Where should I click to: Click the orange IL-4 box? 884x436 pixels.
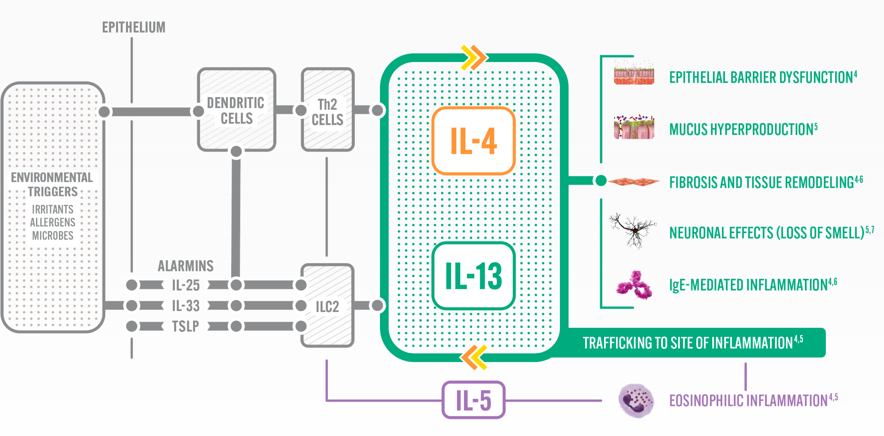click(473, 141)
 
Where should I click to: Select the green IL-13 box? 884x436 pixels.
click(473, 276)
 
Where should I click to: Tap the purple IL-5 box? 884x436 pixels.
click(473, 400)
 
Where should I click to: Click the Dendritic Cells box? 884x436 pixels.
click(237, 110)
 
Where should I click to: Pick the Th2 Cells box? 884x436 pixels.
click(328, 110)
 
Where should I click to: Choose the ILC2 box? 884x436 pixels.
click(328, 306)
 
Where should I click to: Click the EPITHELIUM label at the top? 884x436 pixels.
click(134, 27)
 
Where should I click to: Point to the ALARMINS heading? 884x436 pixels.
click(186, 266)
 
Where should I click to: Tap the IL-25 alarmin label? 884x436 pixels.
click(186, 285)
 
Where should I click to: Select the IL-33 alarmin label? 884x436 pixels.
click(186, 306)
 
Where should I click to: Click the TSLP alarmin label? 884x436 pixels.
click(185, 326)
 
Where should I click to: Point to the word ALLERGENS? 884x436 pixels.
click(53, 222)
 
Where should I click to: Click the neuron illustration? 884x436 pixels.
click(633, 230)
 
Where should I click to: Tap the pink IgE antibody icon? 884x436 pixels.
click(634, 285)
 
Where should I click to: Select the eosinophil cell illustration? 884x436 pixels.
click(636, 401)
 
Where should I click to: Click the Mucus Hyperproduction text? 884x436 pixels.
click(743, 129)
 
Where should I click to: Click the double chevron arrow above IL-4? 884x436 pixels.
click(474, 58)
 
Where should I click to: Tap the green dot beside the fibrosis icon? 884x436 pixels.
click(601, 180)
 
